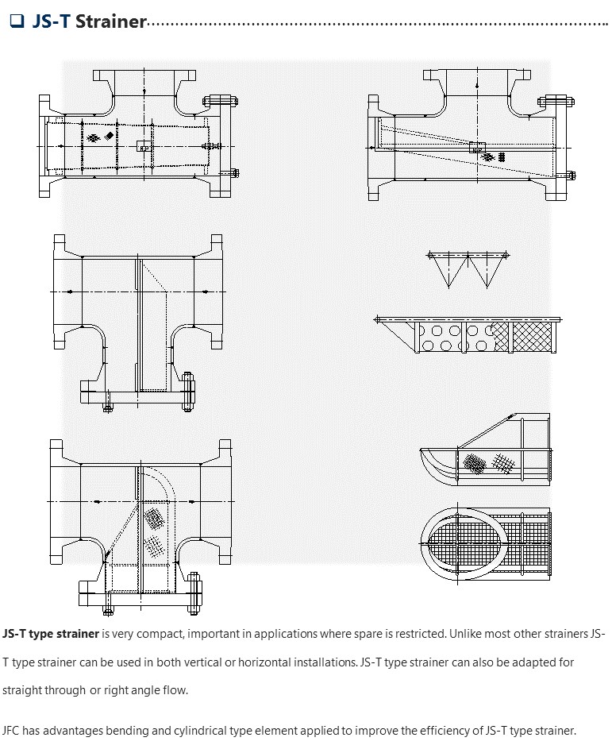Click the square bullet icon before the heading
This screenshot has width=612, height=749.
tap(16, 21)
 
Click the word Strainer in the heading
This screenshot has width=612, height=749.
tap(110, 21)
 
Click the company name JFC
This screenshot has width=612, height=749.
tap(13, 730)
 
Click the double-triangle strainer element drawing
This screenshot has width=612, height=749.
tap(467, 268)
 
